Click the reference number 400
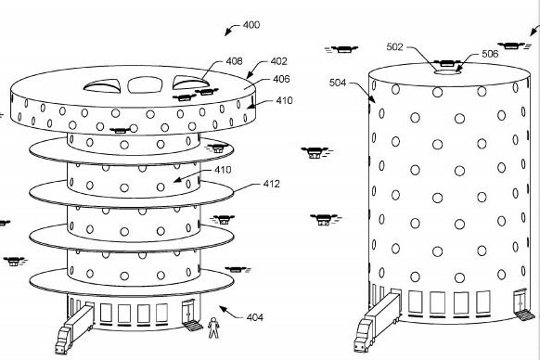click(251, 25)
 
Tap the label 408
click(234, 61)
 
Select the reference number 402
click(279, 61)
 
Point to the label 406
click(281, 79)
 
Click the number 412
click(271, 184)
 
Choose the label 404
click(255, 317)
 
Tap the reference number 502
click(394, 46)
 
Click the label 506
click(490, 54)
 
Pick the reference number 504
click(338, 83)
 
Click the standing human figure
click(213, 328)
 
